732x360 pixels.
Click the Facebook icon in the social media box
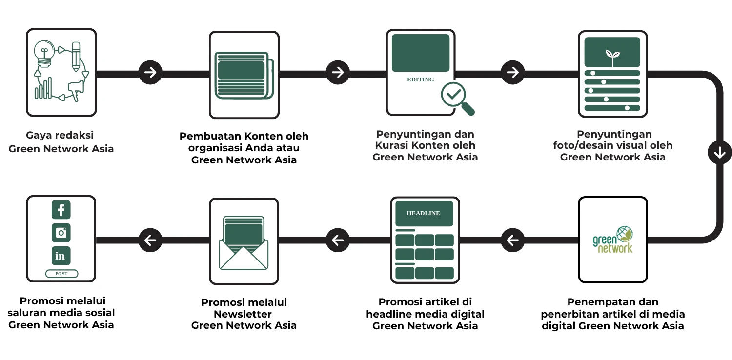[x=61, y=210]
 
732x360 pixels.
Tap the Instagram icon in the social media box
[x=61, y=233]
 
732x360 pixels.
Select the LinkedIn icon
[x=61, y=256]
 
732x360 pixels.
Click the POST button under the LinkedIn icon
[x=61, y=274]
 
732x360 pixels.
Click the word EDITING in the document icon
[x=420, y=80]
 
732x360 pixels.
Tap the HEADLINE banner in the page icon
[x=423, y=213]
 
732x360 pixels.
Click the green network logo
[x=612, y=240]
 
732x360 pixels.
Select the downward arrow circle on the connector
[x=719, y=153]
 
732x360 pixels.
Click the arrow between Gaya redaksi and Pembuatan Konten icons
[x=150, y=73]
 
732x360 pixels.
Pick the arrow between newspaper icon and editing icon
[x=338, y=73]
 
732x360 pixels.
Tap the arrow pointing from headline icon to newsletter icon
[x=338, y=240]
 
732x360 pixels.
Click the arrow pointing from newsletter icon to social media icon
[x=150, y=240]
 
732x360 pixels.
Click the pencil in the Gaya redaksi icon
[x=76, y=56]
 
